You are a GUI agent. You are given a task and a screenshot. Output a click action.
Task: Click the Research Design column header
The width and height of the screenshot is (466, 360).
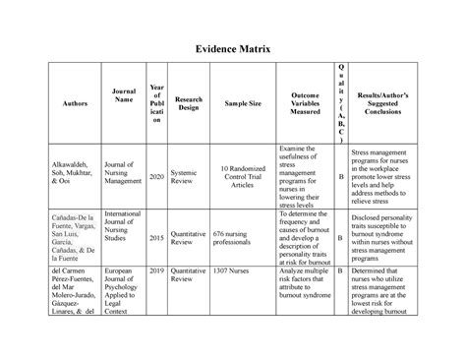tap(188, 104)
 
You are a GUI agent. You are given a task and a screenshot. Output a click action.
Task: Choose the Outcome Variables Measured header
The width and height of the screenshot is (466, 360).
tap(304, 104)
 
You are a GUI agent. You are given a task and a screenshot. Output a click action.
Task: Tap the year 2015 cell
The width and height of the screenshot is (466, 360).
tap(156, 237)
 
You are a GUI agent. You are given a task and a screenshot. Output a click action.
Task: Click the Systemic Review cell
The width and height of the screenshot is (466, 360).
tap(185, 177)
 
